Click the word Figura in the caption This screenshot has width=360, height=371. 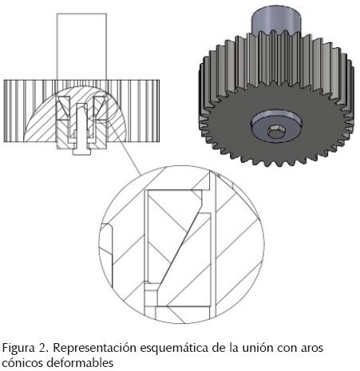click(18, 349)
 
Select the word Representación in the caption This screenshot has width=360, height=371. click(94, 349)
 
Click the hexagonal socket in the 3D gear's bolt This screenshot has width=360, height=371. click(274, 132)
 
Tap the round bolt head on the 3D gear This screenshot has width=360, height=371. click(276, 125)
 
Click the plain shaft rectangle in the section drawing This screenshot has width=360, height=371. click(81, 46)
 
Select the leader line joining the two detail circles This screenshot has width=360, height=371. click(125, 148)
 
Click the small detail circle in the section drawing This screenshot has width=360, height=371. click(101, 109)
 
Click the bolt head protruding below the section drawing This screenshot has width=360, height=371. click(82, 152)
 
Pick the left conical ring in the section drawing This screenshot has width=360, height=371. click(64, 108)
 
